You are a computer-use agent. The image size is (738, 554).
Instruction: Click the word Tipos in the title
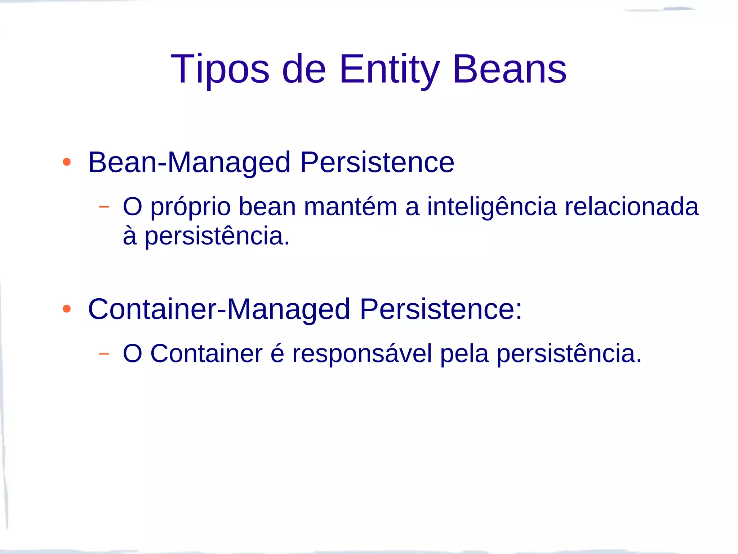coord(220,69)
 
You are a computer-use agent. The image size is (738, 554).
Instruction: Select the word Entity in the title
coord(390,69)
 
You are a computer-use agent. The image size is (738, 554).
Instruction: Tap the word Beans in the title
coord(510,69)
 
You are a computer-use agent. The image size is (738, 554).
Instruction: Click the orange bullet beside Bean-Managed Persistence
coord(67,162)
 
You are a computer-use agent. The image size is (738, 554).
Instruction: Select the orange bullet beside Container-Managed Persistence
coord(67,309)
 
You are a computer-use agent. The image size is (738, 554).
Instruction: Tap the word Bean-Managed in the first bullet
coord(189,163)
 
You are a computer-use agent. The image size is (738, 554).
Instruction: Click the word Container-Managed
coord(219,309)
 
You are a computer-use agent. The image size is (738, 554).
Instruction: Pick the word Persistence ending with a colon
coord(441,309)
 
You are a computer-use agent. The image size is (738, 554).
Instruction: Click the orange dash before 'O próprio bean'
coord(104,207)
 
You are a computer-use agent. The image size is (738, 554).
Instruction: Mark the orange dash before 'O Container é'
coord(104,354)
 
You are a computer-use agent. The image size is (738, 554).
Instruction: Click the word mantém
coord(350,207)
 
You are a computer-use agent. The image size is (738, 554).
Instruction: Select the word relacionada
coord(631,207)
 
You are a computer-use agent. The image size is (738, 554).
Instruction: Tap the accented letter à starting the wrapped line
coord(130,236)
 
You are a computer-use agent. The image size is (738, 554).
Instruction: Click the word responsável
coord(362,354)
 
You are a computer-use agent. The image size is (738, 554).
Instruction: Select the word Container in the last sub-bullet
coord(206,354)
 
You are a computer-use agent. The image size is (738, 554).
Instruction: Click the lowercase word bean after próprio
coord(267,207)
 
